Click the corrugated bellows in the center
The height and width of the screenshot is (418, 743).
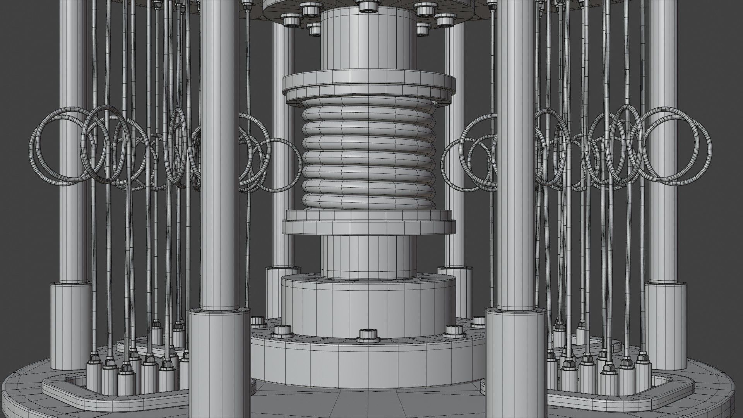(x=368, y=155)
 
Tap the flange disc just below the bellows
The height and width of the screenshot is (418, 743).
(x=368, y=226)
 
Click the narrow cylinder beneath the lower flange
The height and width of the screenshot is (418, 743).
(x=368, y=257)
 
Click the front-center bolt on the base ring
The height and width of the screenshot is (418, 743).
(x=368, y=335)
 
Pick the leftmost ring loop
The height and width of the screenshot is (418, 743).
(x=34, y=151)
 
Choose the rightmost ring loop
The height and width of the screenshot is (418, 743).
(x=710, y=151)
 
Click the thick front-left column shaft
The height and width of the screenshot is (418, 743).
(x=219, y=155)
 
